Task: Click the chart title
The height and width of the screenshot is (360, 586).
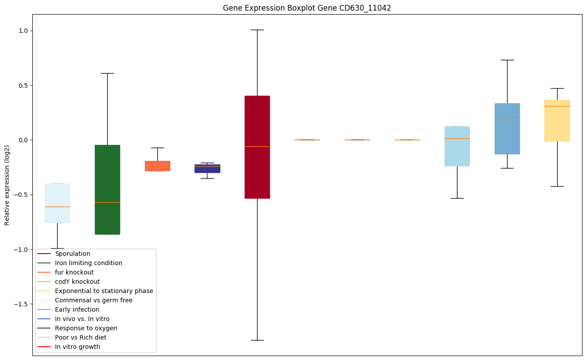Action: tap(307, 8)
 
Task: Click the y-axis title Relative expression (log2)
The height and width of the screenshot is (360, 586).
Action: tap(7, 185)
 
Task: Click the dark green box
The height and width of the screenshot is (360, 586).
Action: tap(107, 189)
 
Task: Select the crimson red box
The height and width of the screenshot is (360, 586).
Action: tap(257, 147)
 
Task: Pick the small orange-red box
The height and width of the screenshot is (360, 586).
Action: tap(157, 166)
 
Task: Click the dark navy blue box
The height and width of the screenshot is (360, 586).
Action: tap(207, 168)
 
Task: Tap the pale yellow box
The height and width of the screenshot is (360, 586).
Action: tap(557, 121)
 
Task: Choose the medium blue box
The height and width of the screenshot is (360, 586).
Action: tap(507, 129)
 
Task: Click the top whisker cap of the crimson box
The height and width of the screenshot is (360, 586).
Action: tap(257, 30)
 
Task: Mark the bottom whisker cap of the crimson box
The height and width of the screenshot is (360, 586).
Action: tap(257, 340)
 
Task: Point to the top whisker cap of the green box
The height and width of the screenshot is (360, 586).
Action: tap(107, 73)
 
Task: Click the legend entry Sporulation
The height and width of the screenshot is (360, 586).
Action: tap(73, 254)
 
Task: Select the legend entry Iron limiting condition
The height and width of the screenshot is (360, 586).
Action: tap(88, 263)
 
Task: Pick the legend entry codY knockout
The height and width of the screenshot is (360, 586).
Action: tap(77, 282)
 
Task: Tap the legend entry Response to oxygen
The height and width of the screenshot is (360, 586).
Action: tap(86, 328)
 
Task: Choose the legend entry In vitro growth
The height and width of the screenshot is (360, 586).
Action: tap(77, 347)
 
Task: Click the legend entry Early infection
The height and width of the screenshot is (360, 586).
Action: tap(77, 309)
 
